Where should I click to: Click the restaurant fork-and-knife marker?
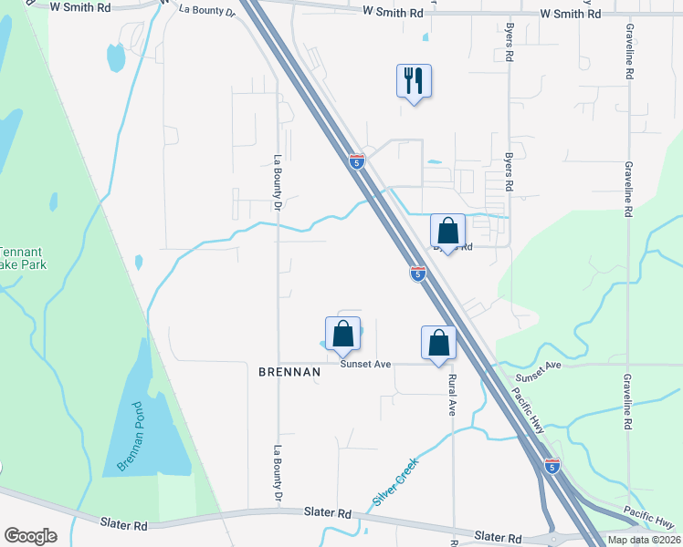[414, 81]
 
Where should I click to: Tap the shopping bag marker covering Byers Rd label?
[447, 231]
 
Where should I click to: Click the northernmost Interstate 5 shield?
[357, 161]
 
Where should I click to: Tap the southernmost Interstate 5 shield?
[552, 466]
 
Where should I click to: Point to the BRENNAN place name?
[289, 372]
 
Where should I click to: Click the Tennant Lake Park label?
[21, 258]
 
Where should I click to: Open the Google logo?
[30, 536]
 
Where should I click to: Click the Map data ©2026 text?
[644, 540]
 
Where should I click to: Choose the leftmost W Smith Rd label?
[80, 6]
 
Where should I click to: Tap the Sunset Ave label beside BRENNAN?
[365, 364]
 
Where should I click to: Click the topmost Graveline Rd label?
[630, 52]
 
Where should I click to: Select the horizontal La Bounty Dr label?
[206, 10]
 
